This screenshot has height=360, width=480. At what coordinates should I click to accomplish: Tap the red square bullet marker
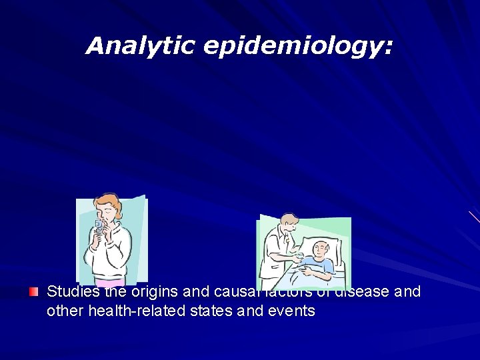34,292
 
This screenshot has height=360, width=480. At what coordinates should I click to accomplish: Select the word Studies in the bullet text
73,292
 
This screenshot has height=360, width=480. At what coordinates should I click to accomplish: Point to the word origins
153,292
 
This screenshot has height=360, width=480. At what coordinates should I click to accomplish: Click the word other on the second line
65,311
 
